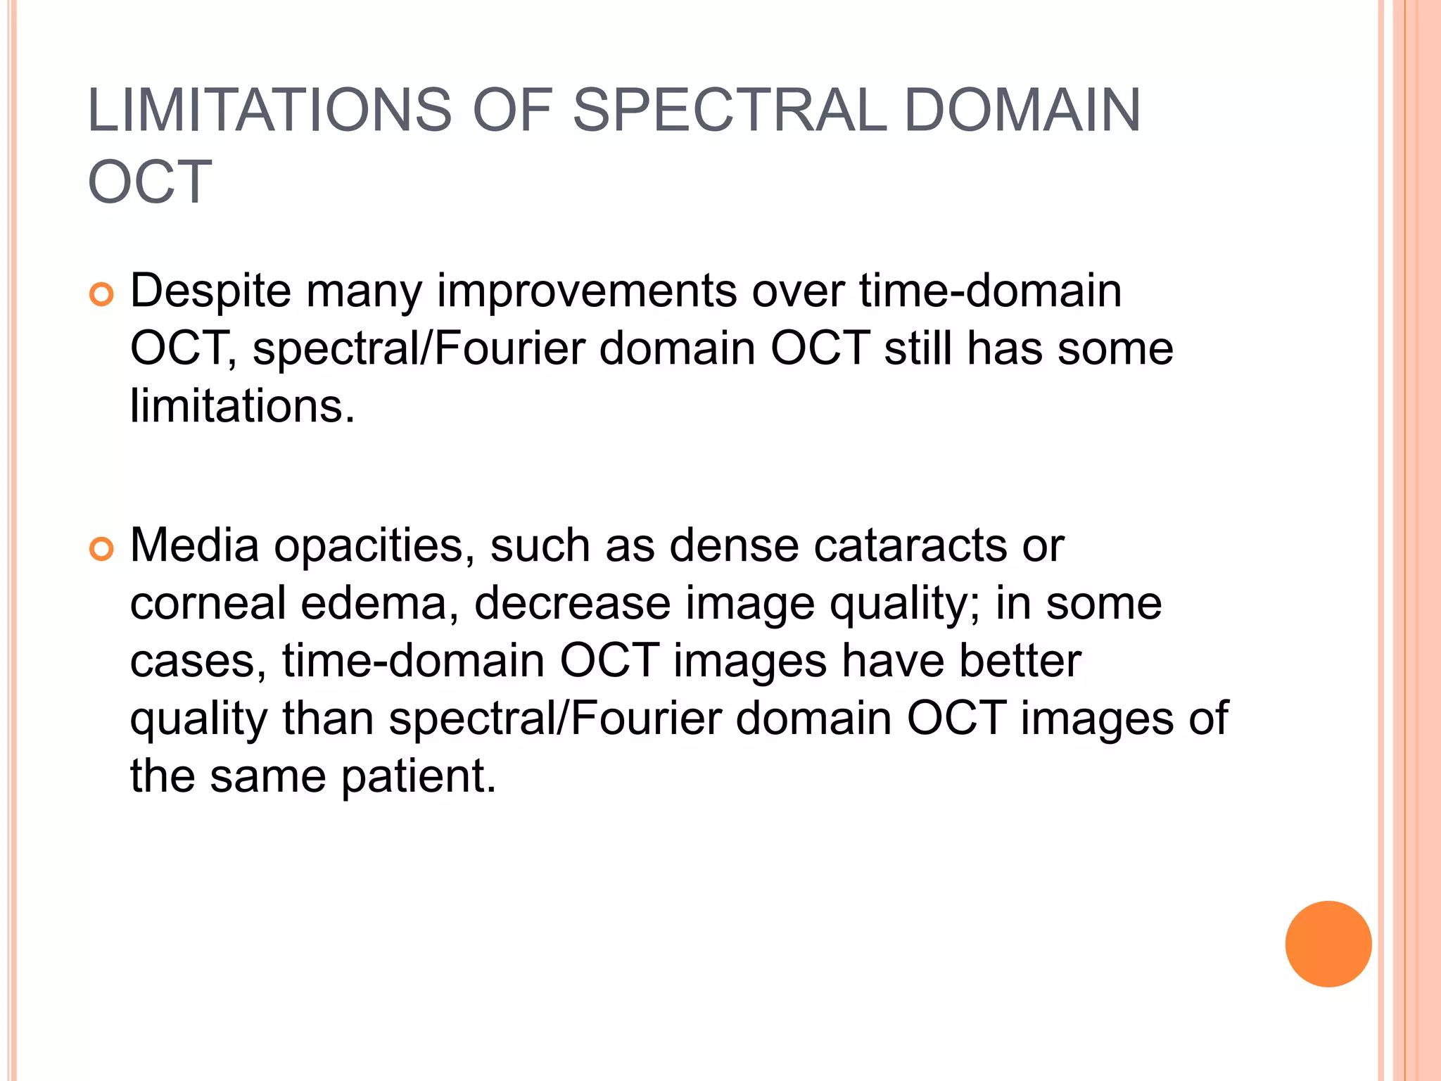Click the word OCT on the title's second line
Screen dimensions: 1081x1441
click(150, 182)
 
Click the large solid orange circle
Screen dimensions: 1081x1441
click(1328, 944)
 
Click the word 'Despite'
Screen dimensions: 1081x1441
click(210, 291)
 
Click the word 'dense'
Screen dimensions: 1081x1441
click(734, 545)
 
